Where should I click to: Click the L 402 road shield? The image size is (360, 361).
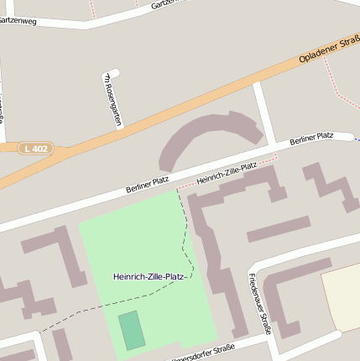[x=36, y=149]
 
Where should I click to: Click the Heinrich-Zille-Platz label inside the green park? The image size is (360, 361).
[x=149, y=276]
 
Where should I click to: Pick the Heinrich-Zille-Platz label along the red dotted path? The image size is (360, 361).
[x=226, y=175]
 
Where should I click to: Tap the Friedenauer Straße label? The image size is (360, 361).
[x=260, y=303]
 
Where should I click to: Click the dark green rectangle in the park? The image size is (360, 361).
[x=130, y=329]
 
